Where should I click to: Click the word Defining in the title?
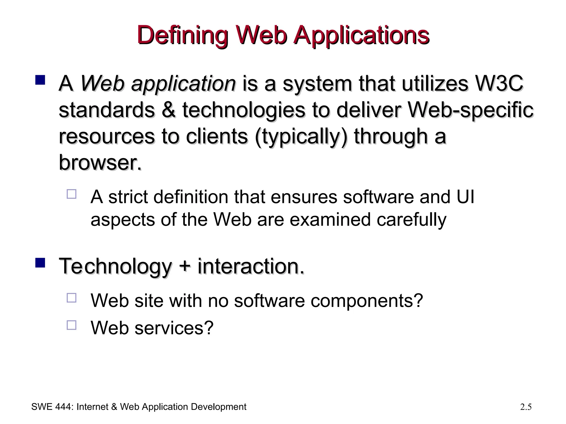coord(182,36)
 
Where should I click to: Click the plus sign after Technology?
coord(184,266)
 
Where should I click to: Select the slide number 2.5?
coord(526,407)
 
